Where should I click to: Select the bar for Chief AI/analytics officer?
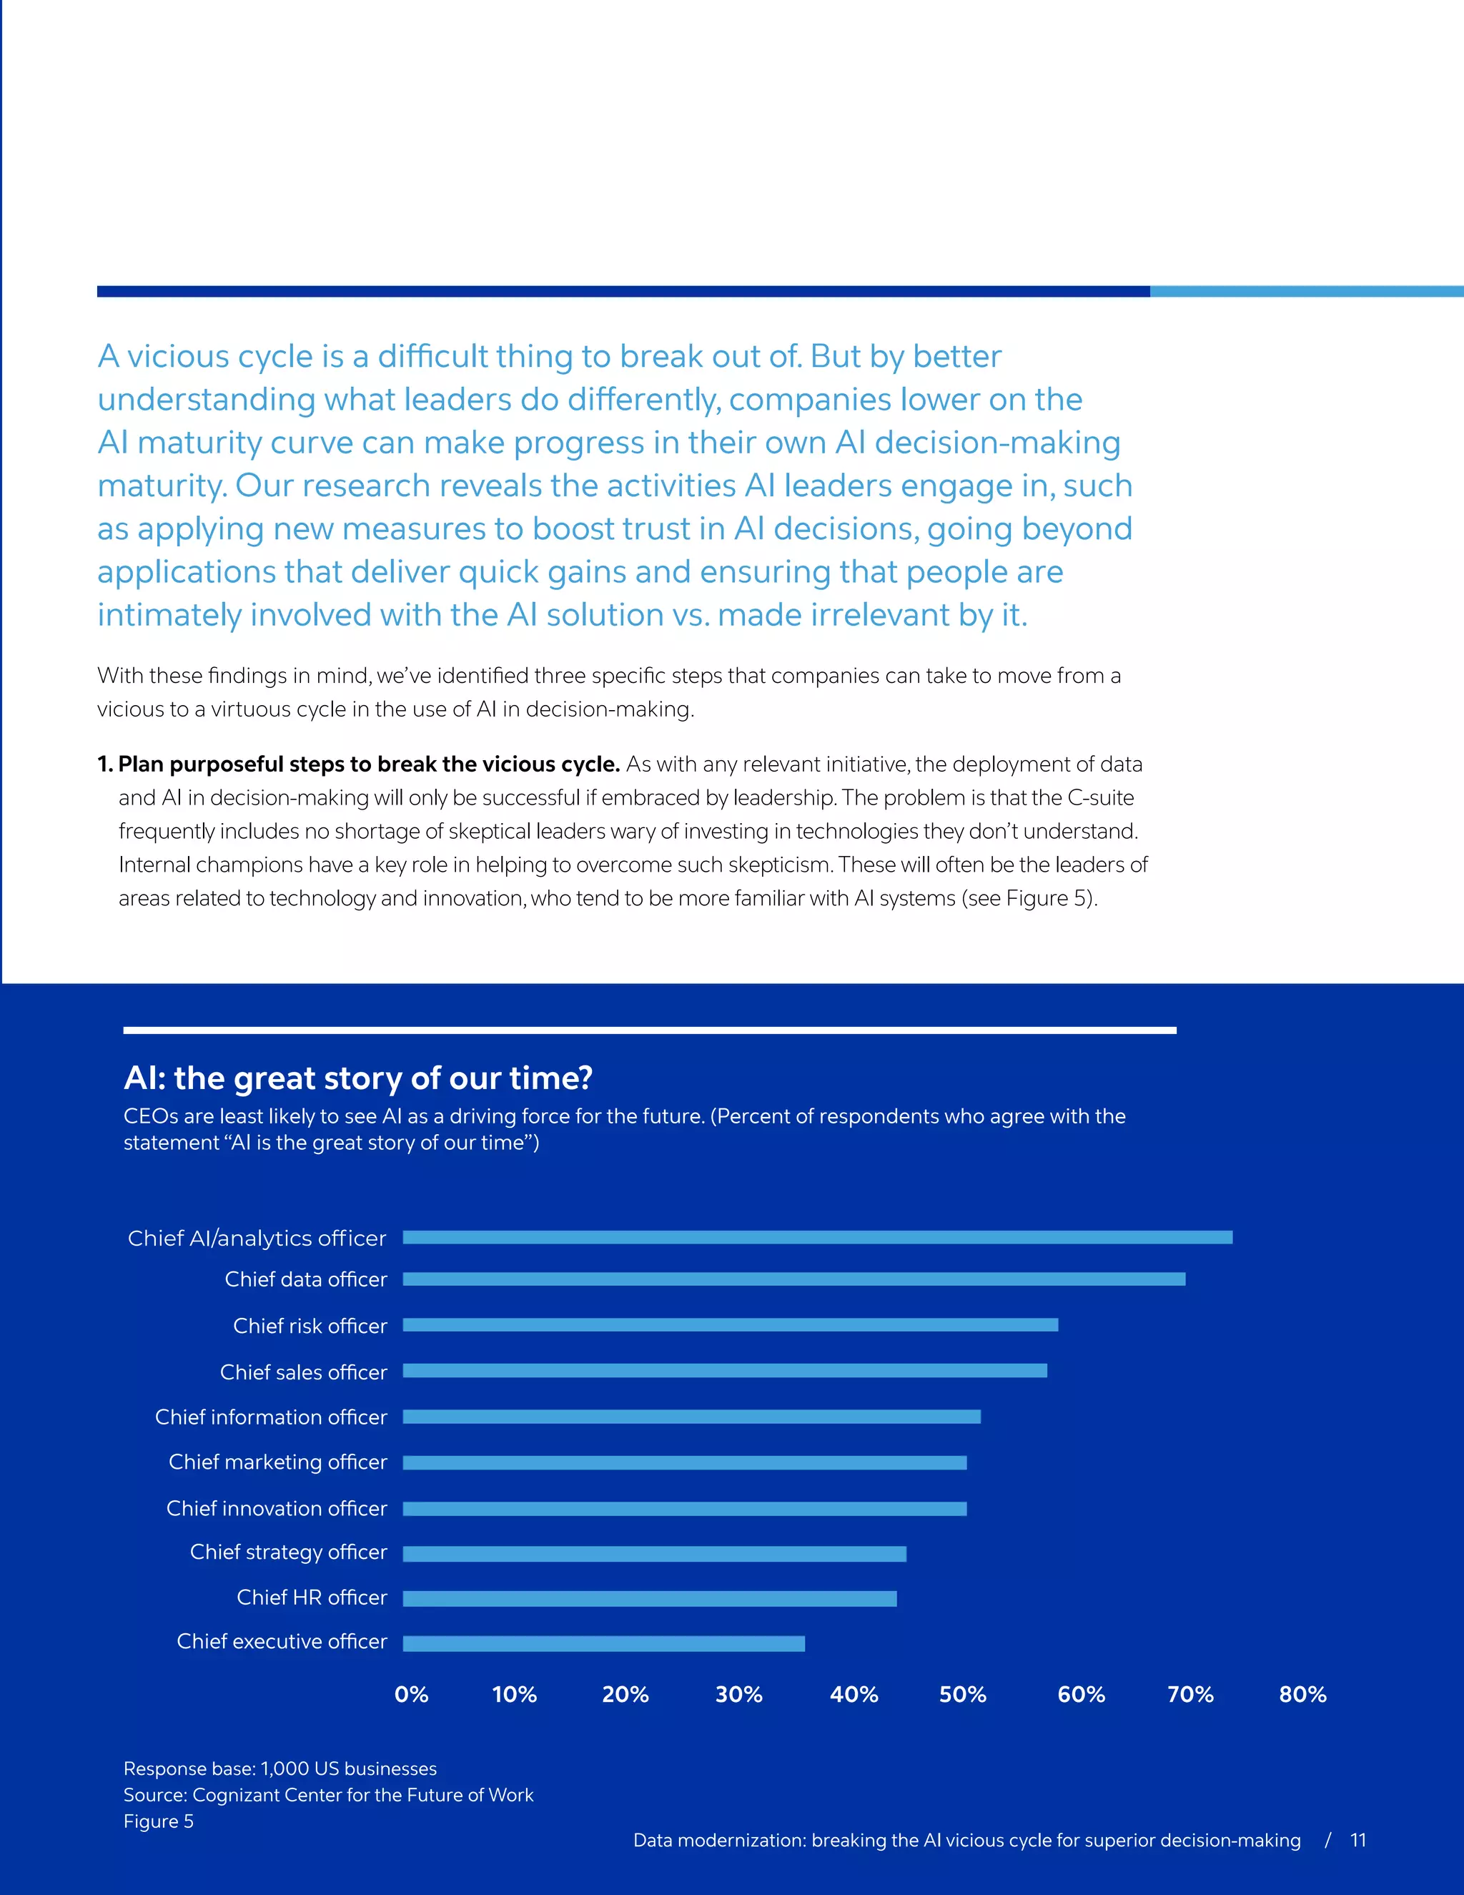(x=817, y=1237)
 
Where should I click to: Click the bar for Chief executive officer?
(x=603, y=1643)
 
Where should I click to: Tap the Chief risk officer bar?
(x=731, y=1325)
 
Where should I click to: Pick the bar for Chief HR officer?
(x=650, y=1598)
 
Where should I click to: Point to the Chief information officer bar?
(x=691, y=1417)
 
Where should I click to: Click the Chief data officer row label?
(x=305, y=1280)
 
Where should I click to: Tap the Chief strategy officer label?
(x=288, y=1552)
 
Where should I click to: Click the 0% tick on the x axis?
(x=411, y=1695)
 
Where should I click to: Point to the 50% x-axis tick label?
(x=963, y=1695)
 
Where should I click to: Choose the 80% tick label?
(x=1302, y=1695)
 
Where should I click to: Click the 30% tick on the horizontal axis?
(x=739, y=1695)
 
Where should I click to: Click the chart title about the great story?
(x=358, y=1078)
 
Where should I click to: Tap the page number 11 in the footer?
(x=1358, y=1841)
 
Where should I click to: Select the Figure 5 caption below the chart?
(x=159, y=1821)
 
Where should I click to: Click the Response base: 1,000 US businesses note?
(x=280, y=1768)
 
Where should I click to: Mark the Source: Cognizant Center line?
(x=328, y=1794)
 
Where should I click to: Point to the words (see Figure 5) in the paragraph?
(x=1029, y=898)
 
